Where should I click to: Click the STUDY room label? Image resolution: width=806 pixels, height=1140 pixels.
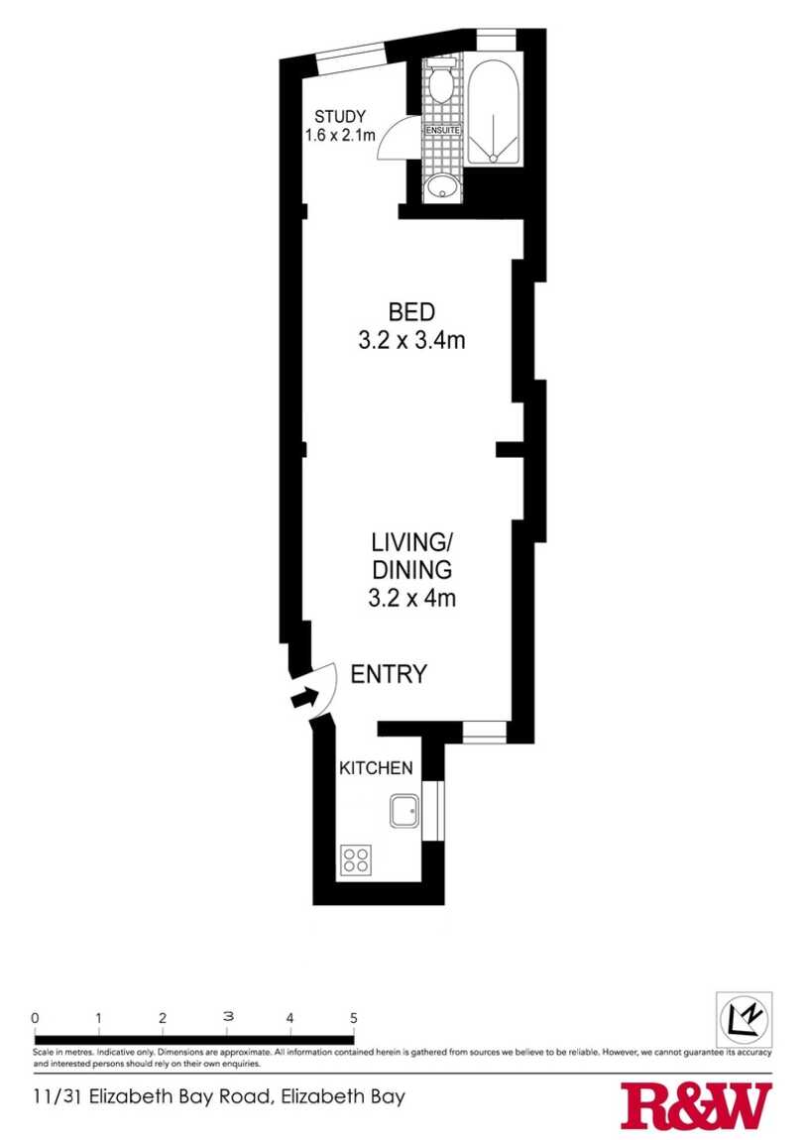click(x=339, y=116)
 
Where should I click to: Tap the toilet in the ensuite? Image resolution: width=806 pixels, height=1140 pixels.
click(x=440, y=82)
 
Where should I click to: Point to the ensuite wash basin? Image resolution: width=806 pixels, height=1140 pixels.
click(x=440, y=187)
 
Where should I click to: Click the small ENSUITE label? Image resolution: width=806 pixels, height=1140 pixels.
click(x=442, y=130)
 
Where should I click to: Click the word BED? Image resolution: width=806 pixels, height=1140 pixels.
click(x=411, y=312)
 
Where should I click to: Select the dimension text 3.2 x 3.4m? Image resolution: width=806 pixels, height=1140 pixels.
click(x=411, y=340)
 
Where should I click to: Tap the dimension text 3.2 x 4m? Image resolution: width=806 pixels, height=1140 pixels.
click(x=411, y=599)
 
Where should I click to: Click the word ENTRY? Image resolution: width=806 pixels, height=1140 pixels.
click(x=388, y=675)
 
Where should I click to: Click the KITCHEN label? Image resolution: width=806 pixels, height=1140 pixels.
click(x=376, y=767)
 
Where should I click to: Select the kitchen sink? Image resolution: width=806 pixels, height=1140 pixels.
click(x=404, y=811)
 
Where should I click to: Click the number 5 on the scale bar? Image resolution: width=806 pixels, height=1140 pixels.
click(x=354, y=1019)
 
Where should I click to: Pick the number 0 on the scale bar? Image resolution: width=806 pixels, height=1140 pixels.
click(x=35, y=1018)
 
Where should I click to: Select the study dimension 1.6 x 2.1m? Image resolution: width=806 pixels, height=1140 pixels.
click(x=340, y=135)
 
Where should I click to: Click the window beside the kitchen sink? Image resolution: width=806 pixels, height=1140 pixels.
click(x=433, y=811)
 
